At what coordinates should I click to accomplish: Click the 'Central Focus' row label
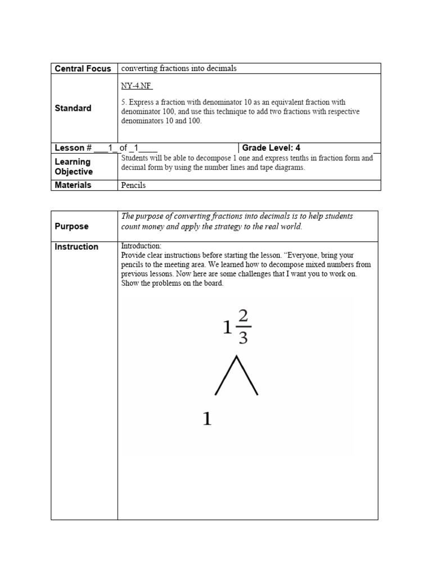pos(83,69)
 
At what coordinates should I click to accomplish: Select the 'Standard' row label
pos(73,108)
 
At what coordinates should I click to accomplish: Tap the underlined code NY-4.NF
pos(137,86)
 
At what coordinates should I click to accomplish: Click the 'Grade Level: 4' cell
pos(271,148)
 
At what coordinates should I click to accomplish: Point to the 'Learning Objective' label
pos(74,166)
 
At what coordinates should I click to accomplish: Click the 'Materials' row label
pos(73,185)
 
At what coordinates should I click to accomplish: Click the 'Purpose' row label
pos(71,226)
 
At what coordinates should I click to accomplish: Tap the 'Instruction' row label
pos(76,246)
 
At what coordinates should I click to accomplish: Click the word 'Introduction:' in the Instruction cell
pos(141,246)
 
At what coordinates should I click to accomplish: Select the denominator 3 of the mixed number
pos(242,337)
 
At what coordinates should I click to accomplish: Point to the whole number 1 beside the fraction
pos(227,328)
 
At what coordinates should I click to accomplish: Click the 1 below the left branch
pos(207,418)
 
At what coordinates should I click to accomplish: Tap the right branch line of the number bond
pos(248,376)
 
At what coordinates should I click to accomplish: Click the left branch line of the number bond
pos(226,376)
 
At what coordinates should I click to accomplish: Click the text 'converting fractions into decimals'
pos(179,69)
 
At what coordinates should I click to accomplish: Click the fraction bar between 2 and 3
pos(242,326)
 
